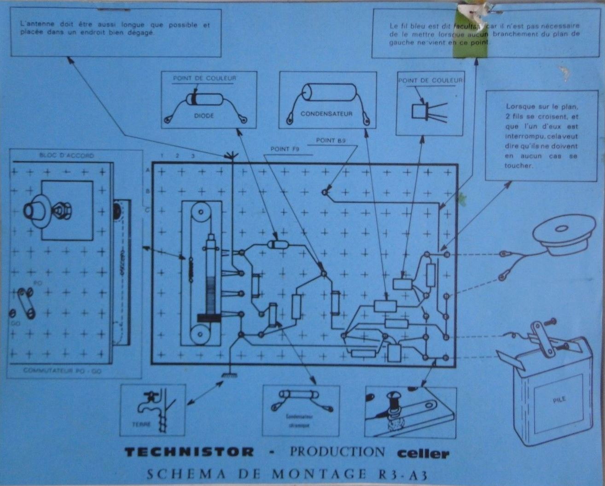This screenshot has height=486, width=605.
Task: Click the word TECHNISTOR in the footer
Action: (x=189, y=452)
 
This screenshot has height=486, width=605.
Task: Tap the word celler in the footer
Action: (x=423, y=453)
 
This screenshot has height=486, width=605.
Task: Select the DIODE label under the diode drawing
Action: (x=204, y=116)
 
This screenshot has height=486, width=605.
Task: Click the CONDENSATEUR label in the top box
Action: (x=326, y=114)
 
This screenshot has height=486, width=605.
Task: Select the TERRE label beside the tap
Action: (x=141, y=424)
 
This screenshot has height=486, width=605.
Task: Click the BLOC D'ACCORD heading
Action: (x=66, y=156)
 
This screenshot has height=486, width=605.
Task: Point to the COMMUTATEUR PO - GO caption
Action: (x=63, y=370)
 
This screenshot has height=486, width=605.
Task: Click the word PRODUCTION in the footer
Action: (x=337, y=452)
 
